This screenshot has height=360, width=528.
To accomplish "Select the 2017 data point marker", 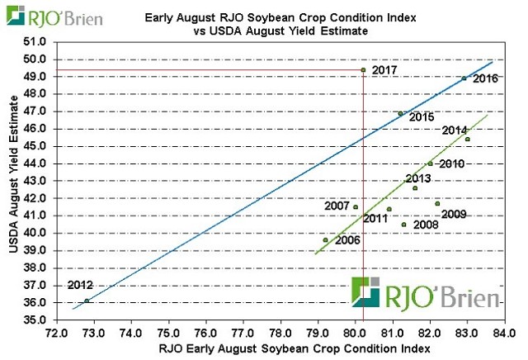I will (x=364, y=70).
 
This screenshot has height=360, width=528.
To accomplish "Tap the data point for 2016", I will (x=464, y=78).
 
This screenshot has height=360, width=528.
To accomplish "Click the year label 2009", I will (x=455, y=215).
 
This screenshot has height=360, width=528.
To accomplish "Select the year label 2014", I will (x=455, y=130).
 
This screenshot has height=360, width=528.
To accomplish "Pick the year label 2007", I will (x=337, y=206).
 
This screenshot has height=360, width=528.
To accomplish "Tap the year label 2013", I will (x=419, y=178).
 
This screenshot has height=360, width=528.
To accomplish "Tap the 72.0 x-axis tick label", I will (x=56, y=334).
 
